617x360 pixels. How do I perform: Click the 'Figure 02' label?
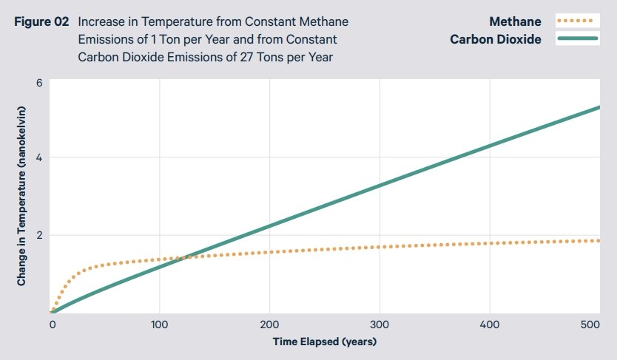pyautogui.click(x=41, y=22)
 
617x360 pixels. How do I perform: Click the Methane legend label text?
pyautogui.click(x=516, y=22)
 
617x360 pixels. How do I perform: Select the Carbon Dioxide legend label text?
pyautogui.click(x=496, y=39)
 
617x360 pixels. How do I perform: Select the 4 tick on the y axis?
pyautogui.click(x=38, y=157)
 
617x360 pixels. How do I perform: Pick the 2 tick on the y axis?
pyautogui.click(x=38, y=235)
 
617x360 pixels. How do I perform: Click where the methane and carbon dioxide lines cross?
pyautogui.click(x=188, y=256)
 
